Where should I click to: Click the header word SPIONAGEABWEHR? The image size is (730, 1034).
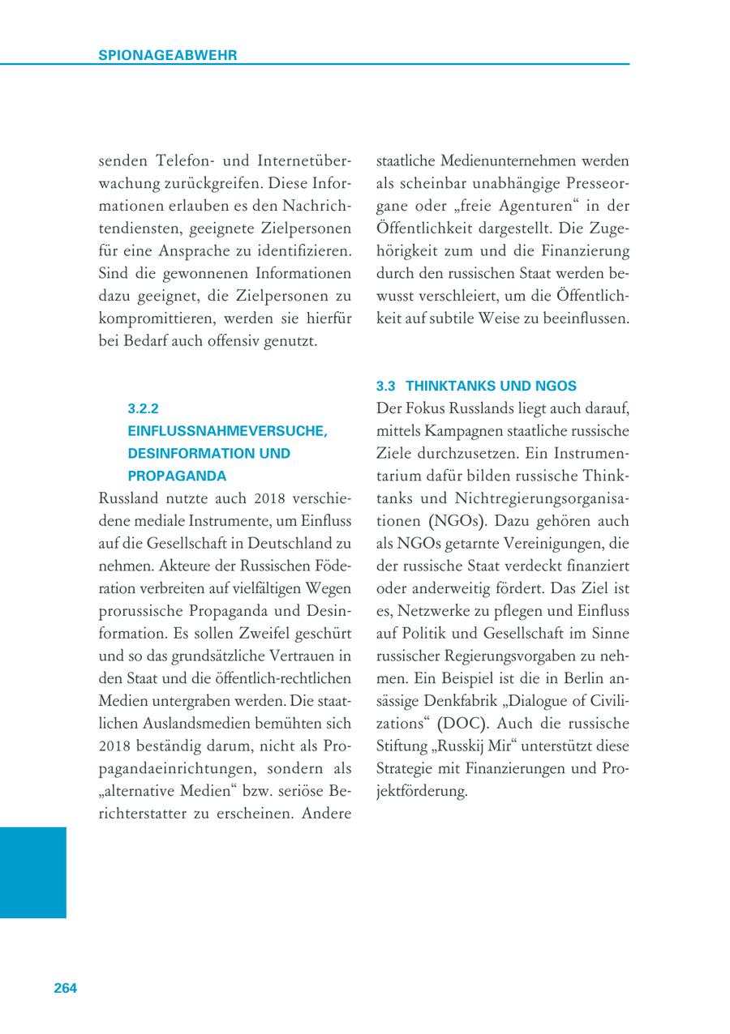point(167,55)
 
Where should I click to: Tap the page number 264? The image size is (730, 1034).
point(66,988)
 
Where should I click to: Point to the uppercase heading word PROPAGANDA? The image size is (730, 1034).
point(177,475)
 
